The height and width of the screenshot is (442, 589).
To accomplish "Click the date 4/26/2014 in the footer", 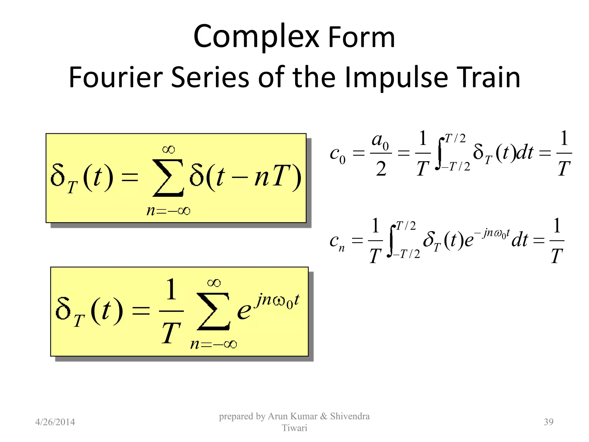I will [x=55, y=422].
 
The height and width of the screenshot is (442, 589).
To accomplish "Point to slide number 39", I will [x=548, y=422].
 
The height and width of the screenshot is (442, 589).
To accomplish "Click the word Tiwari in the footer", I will [x=294, y=428].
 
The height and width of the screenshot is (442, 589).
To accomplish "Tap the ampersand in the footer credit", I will [x=324, y=416].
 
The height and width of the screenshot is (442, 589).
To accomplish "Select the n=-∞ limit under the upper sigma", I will [x=168, y=211].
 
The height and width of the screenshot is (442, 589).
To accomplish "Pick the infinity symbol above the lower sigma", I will [x=214, y=283].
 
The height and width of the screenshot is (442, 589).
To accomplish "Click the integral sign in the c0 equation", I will [x=439, y=153].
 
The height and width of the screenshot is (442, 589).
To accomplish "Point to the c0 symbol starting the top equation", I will [x=337, y=155].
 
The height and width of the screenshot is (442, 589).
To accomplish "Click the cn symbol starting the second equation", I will [x=337, y=242].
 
